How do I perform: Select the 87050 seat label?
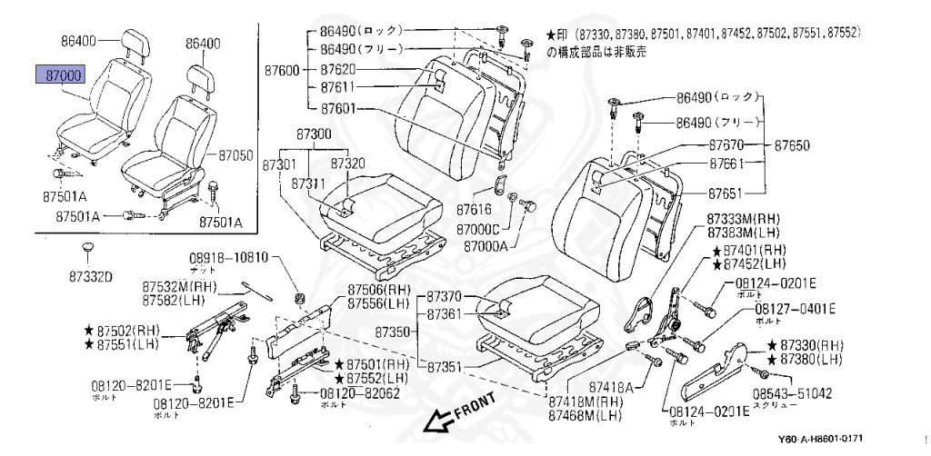pyautogui.click(x=235, y=156)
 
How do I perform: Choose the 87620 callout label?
pyautogui.click(x=338, y=69)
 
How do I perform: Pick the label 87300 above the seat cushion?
pyautogui.click(x=314, y=134)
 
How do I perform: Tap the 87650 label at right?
pyautogui.click(x=792, y=145)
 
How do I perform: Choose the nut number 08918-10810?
pyautogui.click(x=227, y=258)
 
